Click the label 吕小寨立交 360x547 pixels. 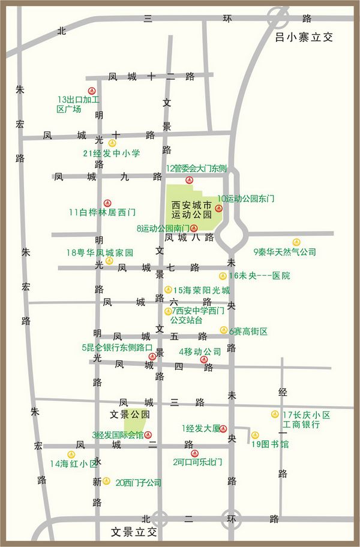(x=304, y=37)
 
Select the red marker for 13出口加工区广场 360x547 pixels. (x=92, y=89)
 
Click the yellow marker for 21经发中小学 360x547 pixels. (x=112, y=143)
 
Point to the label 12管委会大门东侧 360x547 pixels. (x=196, y=168)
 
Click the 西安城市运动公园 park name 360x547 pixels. (x=192, y=209)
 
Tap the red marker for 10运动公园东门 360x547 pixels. (x=218, y=209)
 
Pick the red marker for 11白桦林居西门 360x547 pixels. (x=107, y=203)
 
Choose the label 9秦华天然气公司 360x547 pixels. (x=284, y=252)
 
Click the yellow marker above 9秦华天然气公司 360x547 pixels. (x=296, y=242)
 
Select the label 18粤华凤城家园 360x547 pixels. (x=100, y=252)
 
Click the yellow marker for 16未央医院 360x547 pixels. (x=223, y=276)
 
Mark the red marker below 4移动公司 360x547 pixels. (x=204, y=360)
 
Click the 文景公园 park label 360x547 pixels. (x=130, y=414)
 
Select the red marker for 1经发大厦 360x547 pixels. (x=223, y=428)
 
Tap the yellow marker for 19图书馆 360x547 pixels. (x=255, y=435)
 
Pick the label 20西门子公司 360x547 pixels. (x=139, y=482)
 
